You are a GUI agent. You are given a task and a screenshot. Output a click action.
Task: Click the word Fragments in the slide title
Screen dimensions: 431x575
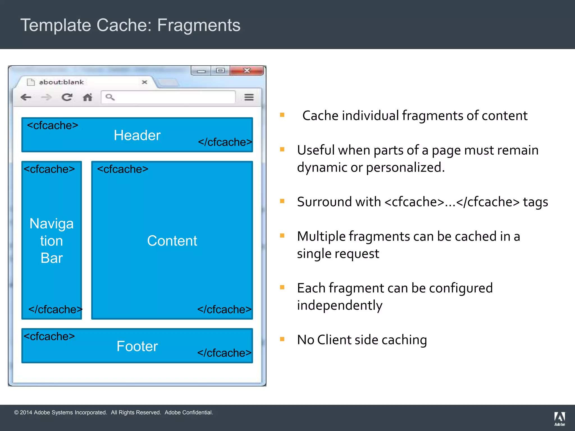pyautogui.click(x=198, y=25)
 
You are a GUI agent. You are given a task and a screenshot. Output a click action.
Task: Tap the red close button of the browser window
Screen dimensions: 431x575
pyautogui.click(x=247, y=70)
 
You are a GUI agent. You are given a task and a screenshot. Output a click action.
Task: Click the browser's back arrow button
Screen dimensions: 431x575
pyautogui.click(x=26, y=97)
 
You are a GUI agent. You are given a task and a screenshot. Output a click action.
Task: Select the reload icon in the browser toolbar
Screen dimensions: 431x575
pyautogui.click(x=67, y=97)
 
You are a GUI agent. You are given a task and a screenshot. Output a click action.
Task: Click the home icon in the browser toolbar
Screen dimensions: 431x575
pyautogui.click(x=88, y=97)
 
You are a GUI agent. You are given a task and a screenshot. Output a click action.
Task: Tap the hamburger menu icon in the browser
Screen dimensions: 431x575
pyautogui.click(x=249, y=97)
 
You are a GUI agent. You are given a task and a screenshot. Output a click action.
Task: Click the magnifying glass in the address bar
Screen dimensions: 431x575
pyautogui.click(x=110, y=97)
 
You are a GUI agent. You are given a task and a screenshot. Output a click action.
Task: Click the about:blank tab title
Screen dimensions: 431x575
pyautogui.click(x=61, y=82)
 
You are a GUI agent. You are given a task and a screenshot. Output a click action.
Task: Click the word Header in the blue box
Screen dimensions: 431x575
pyautogui.click(x=137, y=136)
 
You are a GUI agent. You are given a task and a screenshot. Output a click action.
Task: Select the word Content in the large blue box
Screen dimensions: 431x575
pyautogui.click(x=172, y=241)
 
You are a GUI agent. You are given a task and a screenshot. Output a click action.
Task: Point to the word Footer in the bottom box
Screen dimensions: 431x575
pyautogui.click(x=137, y=346)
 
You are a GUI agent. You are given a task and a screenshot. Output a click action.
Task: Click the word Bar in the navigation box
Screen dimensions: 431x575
pyautogui.click(x=52, y=258)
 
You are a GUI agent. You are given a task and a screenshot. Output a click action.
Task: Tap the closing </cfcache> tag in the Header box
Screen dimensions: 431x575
pyautogui.click(x=225, y=142)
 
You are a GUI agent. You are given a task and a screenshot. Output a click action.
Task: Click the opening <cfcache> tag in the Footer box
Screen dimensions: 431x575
pyautogui.click(x=49, y=336)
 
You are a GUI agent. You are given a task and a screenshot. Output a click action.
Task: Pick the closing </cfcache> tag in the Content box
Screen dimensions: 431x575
pyautogui.click(x=224, y=310)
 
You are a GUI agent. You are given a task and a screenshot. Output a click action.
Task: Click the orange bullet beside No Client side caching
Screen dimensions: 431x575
pyautogui.click(x=282, y=339)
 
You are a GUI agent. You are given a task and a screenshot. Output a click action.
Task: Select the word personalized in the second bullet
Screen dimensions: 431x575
pyautogui.click(x=405, y=168)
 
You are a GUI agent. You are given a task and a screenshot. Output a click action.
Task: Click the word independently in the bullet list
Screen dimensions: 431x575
pyautogui.click(x=340, y=305)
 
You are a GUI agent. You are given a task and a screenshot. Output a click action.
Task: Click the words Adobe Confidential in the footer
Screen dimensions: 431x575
pyautogui.click(x=188, y=412)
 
